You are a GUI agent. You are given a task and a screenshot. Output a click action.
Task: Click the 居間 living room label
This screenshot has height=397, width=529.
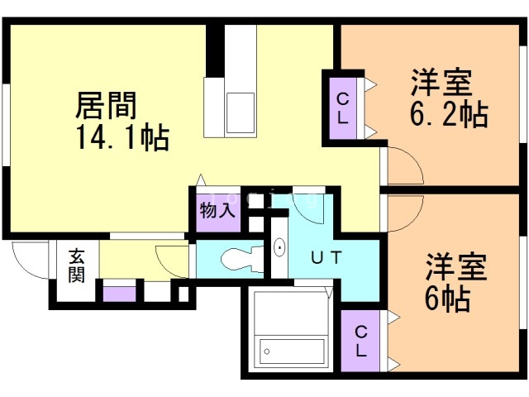(x=106, y=105)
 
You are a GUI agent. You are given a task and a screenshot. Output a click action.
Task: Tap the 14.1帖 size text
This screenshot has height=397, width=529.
(x=123, y=137)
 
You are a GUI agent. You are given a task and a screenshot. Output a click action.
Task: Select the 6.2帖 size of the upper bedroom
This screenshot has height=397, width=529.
(x=449, y=114)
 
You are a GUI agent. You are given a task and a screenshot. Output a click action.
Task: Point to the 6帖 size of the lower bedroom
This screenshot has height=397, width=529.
(x=447, y=298)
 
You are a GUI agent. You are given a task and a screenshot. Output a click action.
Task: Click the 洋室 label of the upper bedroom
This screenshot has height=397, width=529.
(x=441, y=83)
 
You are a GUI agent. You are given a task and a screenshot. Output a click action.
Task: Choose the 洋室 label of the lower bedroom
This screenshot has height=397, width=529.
(x=455, y=266)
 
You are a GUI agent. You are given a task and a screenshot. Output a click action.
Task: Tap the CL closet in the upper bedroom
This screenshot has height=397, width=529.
(x=343, y=108)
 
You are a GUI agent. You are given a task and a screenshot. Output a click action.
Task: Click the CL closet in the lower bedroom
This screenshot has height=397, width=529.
(x=360, y=341)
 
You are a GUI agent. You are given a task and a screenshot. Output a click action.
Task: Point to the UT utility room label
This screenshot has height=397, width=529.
(x=326, y=258)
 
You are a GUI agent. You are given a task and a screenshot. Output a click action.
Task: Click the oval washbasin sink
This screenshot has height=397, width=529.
(x=279, y=248)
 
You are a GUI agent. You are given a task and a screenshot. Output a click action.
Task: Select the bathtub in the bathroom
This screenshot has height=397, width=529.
(x=292, y=352)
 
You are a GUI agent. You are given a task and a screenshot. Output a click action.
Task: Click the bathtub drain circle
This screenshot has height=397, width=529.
(x=267, y=352)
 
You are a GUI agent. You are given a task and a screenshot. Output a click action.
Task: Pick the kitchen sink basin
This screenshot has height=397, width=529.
(x=241, y=113)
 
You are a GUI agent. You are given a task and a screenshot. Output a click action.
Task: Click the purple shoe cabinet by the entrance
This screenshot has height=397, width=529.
(x=119, y=294)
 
